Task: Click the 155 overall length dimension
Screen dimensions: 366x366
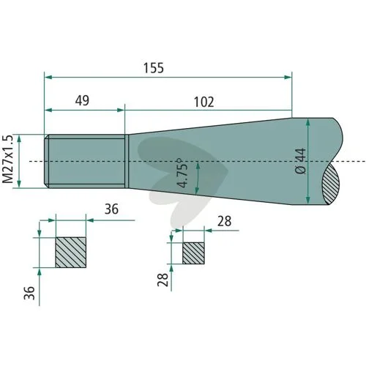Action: pos(154,68)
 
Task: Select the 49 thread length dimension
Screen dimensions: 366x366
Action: pos(82,100)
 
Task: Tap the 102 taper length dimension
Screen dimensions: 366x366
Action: pos(204,102)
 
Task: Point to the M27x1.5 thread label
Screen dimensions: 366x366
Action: pos(7,159)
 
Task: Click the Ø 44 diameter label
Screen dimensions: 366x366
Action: pos(300,161)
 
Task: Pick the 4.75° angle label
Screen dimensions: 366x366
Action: pos(183,173)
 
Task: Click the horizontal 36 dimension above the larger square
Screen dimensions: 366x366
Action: pos(111,209)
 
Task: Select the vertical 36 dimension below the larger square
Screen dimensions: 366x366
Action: pos(29,293)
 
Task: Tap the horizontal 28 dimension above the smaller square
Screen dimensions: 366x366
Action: pos(224,221)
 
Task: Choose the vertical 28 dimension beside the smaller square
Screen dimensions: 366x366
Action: pos(163,280)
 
